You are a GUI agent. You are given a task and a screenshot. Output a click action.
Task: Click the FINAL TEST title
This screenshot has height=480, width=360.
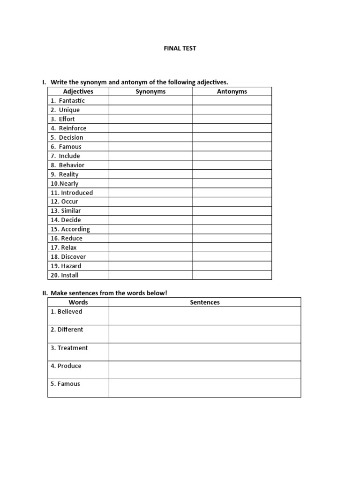pos(180,48)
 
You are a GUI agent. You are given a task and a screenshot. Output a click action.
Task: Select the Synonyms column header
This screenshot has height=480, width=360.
pos(150,91)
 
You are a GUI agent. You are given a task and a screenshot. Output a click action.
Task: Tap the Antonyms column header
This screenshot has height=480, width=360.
pos(232,91)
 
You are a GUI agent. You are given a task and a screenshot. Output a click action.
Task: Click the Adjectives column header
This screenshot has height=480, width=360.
pos(78,91)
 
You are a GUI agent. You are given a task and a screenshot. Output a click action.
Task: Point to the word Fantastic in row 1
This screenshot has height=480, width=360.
pos(72,101)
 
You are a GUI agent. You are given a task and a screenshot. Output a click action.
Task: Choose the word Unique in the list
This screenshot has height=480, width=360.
pos(69,110)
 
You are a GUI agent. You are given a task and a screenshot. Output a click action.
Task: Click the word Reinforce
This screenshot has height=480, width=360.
pos(73,128)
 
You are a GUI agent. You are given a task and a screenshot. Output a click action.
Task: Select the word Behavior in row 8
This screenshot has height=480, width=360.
pos(72,165)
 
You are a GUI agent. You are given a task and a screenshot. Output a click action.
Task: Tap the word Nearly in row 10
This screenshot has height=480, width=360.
pos(69,184)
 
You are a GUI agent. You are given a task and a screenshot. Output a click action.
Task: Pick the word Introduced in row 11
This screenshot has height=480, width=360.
pos(77,193)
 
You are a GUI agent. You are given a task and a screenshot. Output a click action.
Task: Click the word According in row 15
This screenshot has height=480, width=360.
pos(75,229)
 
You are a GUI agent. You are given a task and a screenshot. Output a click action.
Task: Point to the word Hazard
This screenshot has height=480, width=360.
pos(71,266)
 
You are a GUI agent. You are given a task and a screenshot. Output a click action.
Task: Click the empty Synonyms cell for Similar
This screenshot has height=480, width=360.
pos(150,211)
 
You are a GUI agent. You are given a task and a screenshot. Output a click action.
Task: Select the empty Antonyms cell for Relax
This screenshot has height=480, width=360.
pos(232,247)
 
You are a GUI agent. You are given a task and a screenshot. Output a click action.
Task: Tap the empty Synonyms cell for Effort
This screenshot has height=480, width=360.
pos(150,119)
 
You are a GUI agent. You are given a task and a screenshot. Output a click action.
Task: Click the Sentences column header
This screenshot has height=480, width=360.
pos(205,302)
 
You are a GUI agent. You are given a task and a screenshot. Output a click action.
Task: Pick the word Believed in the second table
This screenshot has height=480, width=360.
pos(70,312)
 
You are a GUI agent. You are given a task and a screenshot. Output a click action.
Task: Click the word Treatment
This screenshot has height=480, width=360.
pos(73,348)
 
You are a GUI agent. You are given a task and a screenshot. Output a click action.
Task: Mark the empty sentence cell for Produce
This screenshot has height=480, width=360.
pos(205,370)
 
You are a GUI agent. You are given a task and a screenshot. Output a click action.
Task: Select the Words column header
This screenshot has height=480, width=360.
pos(78,302)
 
